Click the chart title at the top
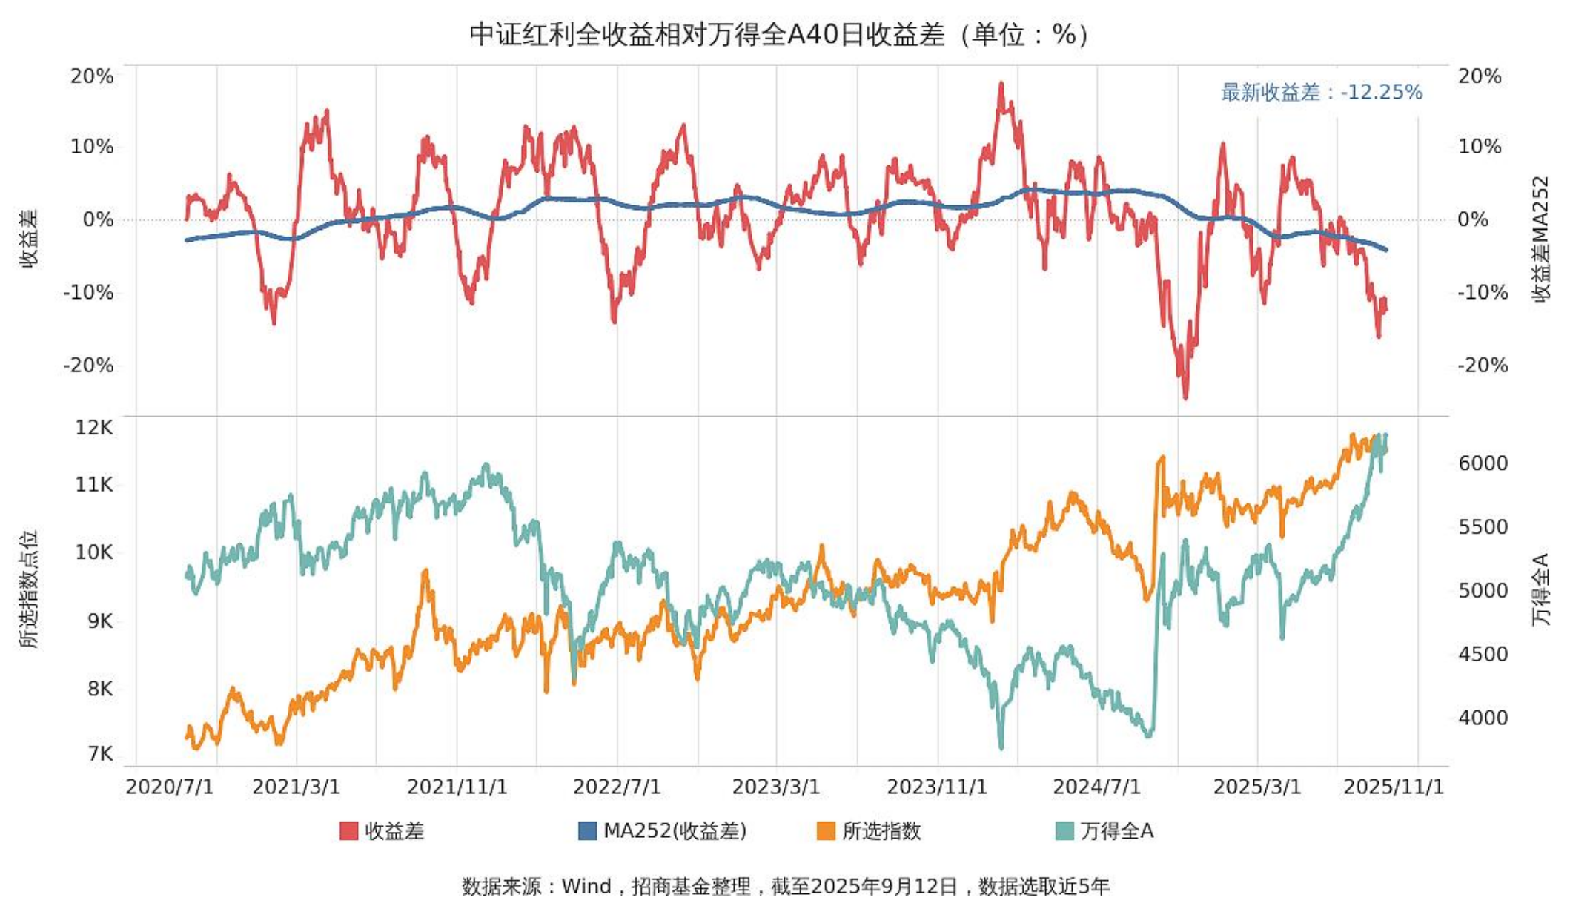(780, 34)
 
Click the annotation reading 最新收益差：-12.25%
(1321, 92)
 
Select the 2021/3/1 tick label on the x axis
(296, 787)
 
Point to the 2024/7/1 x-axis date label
(1096, 787)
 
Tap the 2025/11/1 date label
(1393, 787)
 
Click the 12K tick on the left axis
(93, 427)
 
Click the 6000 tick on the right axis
(1483, 463)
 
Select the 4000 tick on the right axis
(1483, 718)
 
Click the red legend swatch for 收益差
(348, 830)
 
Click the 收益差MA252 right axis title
(1542, 239)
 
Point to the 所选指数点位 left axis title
(28, 589)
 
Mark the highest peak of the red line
(1001, 85)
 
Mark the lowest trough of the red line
(1185, 397)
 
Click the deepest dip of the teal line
(1001, 747)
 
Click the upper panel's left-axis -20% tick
(89, 365)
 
